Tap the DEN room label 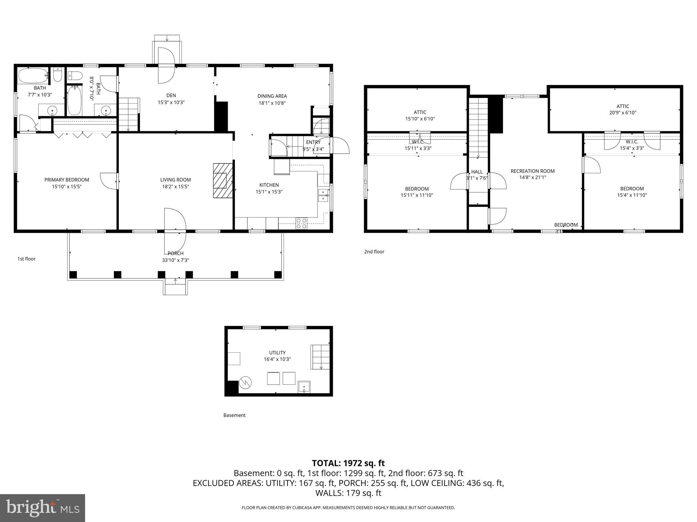[171, 95]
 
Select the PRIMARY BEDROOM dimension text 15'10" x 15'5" [67, 186]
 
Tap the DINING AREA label [272, 96]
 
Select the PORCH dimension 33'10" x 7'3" [175, 260]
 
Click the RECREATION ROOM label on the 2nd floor [532, 171]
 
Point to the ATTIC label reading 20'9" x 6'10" [622, 109]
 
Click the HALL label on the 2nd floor [477, 172]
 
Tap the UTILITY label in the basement [277, 353]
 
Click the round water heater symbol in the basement [245, 383]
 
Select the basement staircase [320, 357]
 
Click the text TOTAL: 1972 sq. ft [348, 463]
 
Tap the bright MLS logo [43, 508]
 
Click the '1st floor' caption [26, 259]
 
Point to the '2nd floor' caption [374, 252]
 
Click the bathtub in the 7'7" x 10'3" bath [33, 75]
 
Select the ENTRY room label [313, 142]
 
